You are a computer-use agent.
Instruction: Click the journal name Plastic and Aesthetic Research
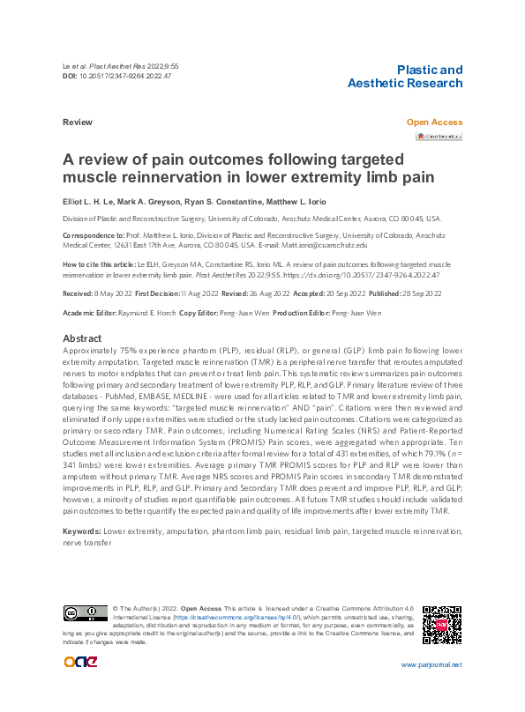point(405,77)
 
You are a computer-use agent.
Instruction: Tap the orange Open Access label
point(433,122)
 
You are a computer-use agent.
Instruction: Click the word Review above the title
point(78,122)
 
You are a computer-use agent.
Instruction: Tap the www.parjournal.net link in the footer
point(431,664)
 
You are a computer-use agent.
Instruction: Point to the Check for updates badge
point(439,137)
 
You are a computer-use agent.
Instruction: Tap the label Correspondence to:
point(94,236)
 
